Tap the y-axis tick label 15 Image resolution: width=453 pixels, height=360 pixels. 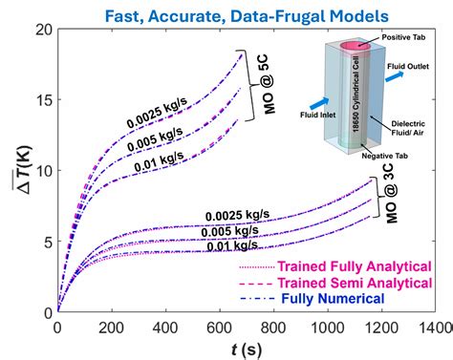[x=43, y=100]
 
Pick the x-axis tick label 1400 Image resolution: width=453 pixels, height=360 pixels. [x=431, y=326]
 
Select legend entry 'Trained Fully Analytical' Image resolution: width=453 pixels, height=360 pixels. [x=330, y=266]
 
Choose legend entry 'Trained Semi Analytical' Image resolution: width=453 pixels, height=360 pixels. [x=331, y=283]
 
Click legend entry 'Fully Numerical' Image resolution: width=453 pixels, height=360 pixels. [x=331, y=299]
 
